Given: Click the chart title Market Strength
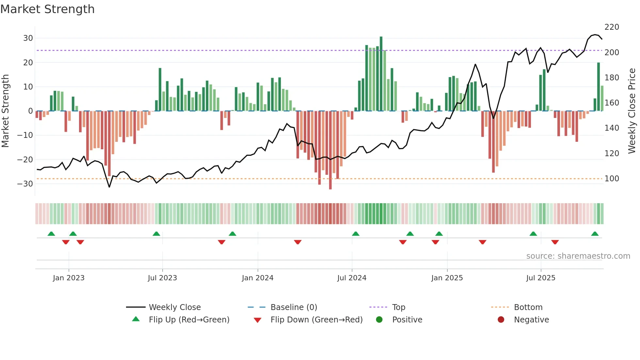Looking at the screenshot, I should (47, 9).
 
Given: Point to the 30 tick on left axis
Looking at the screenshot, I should (28, 38).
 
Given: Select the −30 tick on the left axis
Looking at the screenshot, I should (25, 184).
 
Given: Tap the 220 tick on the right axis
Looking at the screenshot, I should (612, 27).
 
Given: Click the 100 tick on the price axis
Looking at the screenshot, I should (612, 179).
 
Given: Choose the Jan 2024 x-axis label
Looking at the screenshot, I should (257, 278).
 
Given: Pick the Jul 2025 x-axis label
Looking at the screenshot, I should (540, 278).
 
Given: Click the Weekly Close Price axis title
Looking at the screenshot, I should (632, 111).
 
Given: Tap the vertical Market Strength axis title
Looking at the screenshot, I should (5, 111).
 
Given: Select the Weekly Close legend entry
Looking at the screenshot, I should (174, 307).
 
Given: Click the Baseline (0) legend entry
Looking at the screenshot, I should (294, 307).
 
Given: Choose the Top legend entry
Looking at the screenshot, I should (398, 307).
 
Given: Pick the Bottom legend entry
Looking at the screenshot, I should (528, 307).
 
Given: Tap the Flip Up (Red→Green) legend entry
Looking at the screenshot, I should (189, 320).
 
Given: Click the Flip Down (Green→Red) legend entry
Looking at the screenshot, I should (316, 320).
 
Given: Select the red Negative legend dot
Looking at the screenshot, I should (501, 320).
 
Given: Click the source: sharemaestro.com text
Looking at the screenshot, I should (578, 256).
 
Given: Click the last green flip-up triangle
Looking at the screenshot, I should (595, 234).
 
